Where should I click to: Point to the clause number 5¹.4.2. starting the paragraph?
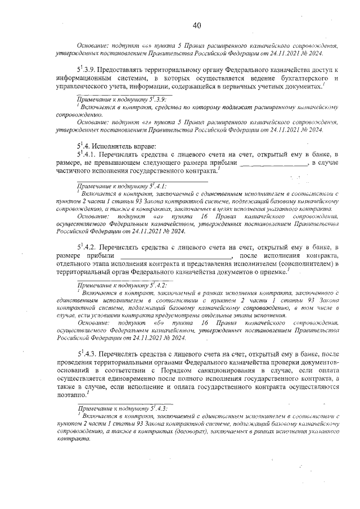pyautogui.click(x=90, y=247)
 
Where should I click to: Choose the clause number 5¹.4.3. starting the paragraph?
pyautogui.click(x=90, y=355)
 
